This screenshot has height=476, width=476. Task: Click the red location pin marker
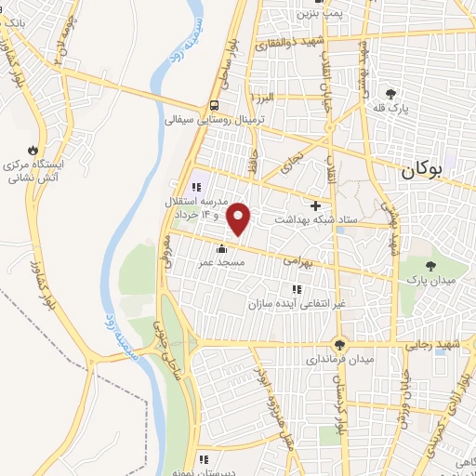(x=239, y=218)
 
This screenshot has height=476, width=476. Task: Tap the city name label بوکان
(x=423, y=171)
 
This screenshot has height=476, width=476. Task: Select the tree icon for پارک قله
(x=390, y=93)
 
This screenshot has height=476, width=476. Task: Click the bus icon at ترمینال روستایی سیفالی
(x=215, y=105)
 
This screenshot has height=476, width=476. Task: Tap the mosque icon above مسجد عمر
(x=221, y=248)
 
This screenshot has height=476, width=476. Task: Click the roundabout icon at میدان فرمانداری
(x=340, y=343)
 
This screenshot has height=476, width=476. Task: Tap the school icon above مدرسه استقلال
(x=196, y=187)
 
